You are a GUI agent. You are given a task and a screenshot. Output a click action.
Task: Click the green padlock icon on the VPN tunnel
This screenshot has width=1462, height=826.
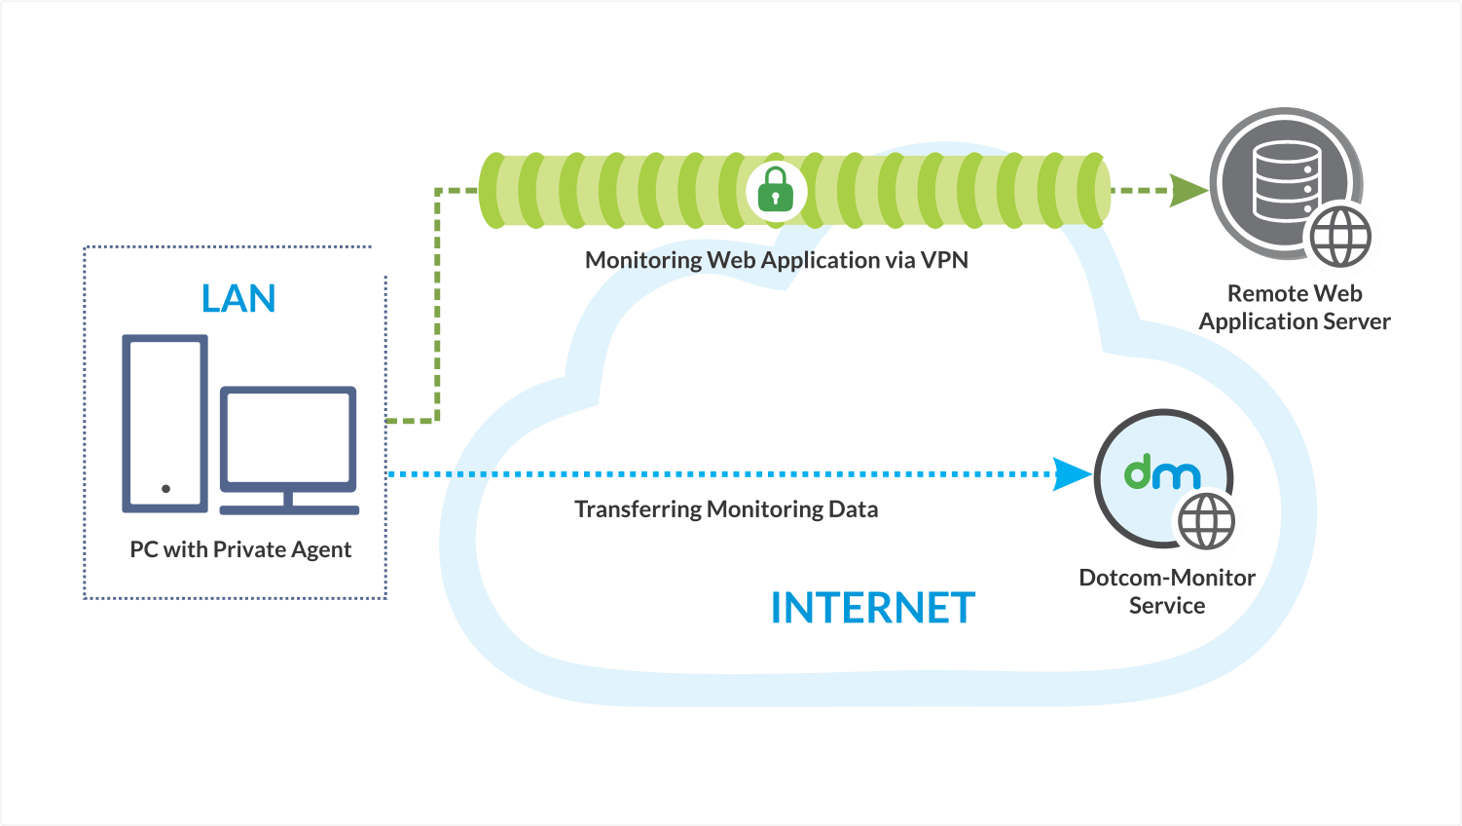coord(776,190)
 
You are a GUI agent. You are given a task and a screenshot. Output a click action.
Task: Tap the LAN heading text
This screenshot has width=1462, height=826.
coord(238,299)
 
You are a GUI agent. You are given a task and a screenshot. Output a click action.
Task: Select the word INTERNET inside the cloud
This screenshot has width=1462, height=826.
coord(872,609)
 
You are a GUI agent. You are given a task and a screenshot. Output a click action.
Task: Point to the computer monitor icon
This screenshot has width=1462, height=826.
coord(288,439)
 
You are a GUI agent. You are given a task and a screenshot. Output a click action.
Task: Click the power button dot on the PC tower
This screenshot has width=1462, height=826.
coord(165,488)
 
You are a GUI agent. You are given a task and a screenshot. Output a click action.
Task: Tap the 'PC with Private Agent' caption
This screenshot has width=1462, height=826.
coord(240,550)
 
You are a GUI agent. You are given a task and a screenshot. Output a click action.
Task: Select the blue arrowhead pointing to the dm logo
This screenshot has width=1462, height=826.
coord(1074,474)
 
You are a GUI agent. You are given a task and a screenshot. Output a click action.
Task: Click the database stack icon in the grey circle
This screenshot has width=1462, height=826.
coord(1285,181)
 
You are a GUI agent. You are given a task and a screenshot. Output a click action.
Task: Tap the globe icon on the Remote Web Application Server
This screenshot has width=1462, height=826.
coord(1340,238)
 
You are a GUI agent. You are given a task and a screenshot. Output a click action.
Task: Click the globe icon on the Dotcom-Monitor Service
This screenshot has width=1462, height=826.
coord(1208,522)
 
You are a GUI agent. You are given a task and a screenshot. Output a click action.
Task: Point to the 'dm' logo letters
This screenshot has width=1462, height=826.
coord(1162,473)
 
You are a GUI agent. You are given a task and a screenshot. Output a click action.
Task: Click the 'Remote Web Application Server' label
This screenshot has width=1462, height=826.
coord(1294,308)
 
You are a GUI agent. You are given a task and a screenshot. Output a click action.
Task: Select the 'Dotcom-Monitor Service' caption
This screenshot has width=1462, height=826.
coord(1166,591)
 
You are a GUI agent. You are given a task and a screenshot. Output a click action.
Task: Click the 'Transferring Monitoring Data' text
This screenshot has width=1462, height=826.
coord(726,509)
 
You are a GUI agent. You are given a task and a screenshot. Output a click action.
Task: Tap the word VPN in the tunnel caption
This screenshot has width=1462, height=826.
coord(944,260)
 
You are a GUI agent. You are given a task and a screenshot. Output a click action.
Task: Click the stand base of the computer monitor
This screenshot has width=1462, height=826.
coord(289,508)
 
